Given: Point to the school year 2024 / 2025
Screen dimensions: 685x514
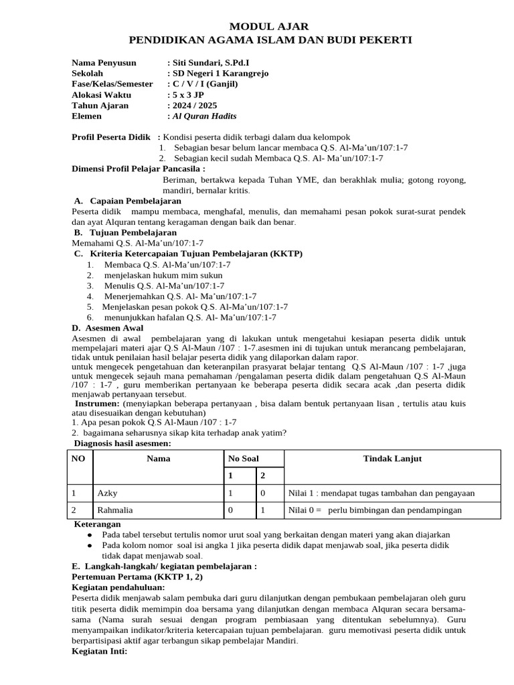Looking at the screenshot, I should (194, 106).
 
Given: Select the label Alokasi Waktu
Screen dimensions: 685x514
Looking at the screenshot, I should (100, 95).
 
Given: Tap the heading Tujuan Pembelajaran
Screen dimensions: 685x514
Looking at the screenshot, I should (133, 233).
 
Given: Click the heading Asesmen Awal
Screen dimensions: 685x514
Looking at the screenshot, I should (112, 328).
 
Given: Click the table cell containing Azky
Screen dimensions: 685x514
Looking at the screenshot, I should (107, 493).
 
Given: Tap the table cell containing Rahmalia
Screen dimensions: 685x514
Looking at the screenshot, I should (115, 510).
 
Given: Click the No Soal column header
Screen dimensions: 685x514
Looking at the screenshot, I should (244, 458).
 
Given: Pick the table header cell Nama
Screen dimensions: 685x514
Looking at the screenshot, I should (159, 458).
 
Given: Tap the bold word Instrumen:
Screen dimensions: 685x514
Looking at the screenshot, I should (96, 404).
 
